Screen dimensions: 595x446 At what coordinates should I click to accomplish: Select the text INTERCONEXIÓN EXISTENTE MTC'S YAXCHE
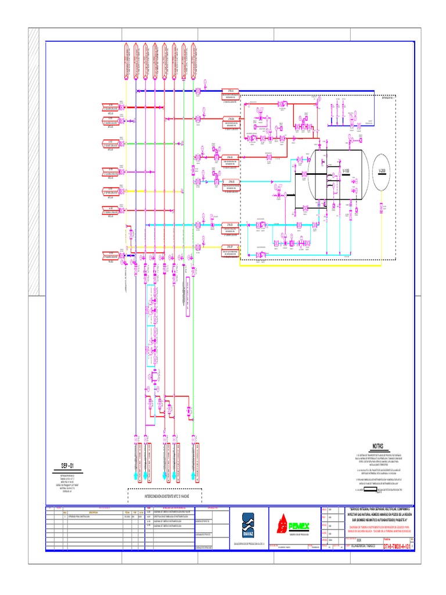pyautogui.click(x=164, y=497)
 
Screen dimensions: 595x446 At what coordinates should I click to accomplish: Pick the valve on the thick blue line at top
pyautogui.click(x=198, y=91)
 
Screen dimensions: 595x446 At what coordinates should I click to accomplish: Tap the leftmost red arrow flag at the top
pyautogui.click(x=125, y=60)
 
